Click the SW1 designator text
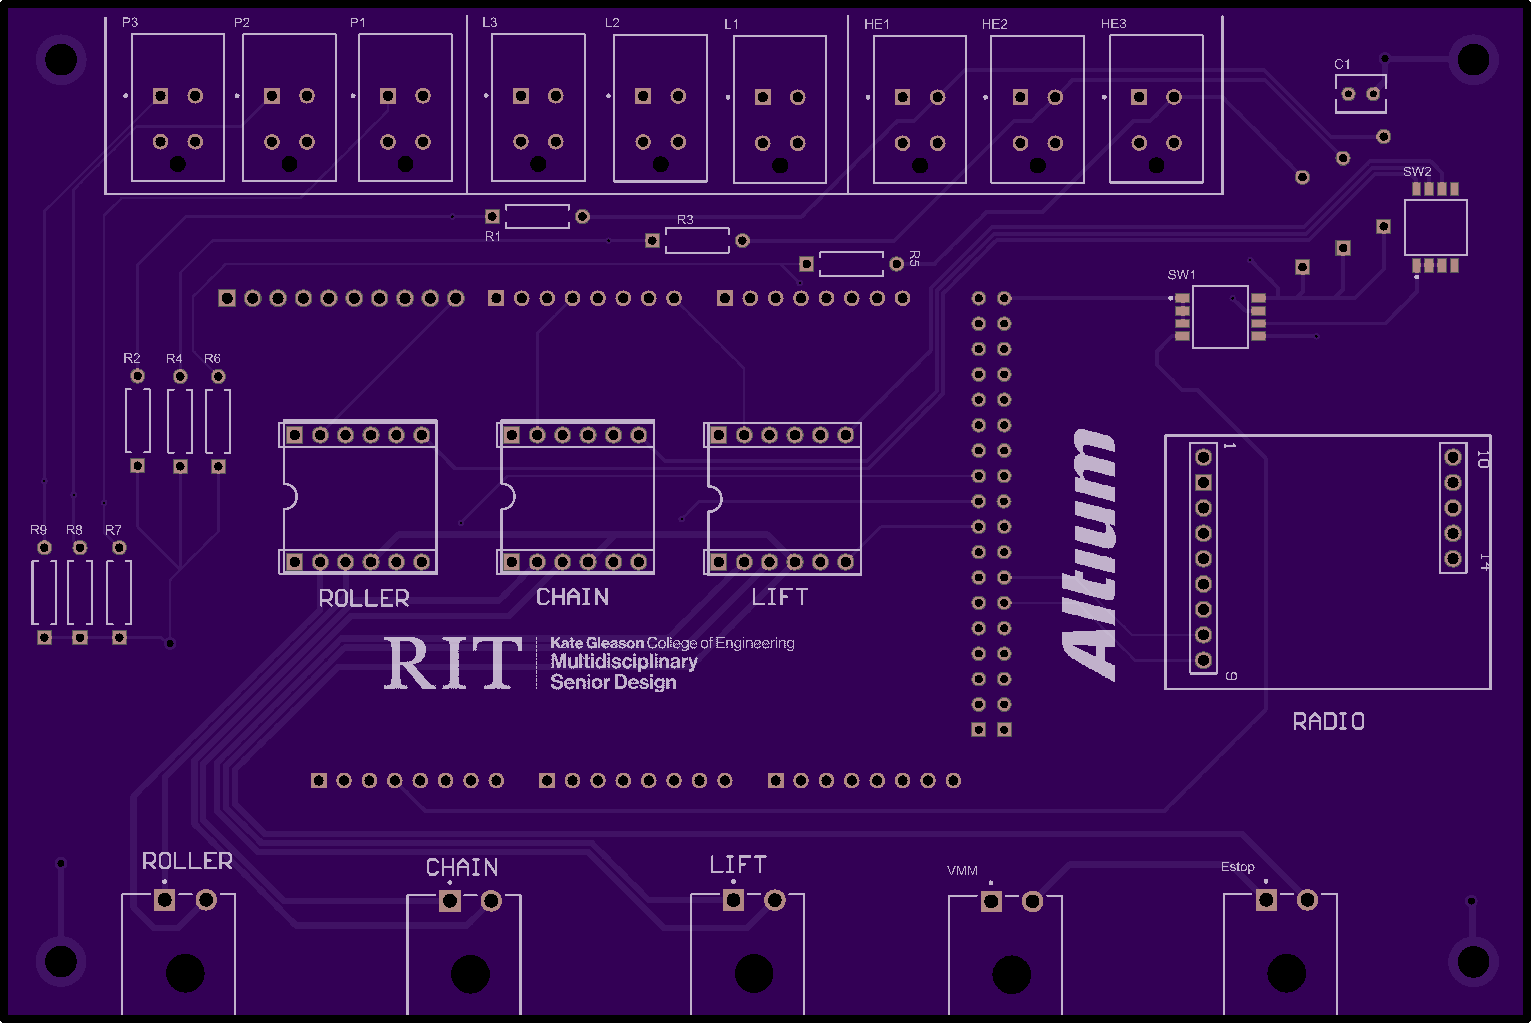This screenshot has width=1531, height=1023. tap(1181, 275)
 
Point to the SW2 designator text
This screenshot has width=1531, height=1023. tap(1417, 172)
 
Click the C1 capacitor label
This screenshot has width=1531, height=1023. tap(1342, 64)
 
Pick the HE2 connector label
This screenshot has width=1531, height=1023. tap(995, 24)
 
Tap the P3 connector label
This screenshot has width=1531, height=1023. tap(130, 22)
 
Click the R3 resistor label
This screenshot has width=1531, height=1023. tap(685, 220)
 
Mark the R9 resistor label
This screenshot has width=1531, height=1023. tap(39, 530)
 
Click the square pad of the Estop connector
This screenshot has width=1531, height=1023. tap(1266, 900)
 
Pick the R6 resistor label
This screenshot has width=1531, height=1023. tap(212, 359)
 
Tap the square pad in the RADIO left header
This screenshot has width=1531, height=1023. tap(1203, 483)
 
